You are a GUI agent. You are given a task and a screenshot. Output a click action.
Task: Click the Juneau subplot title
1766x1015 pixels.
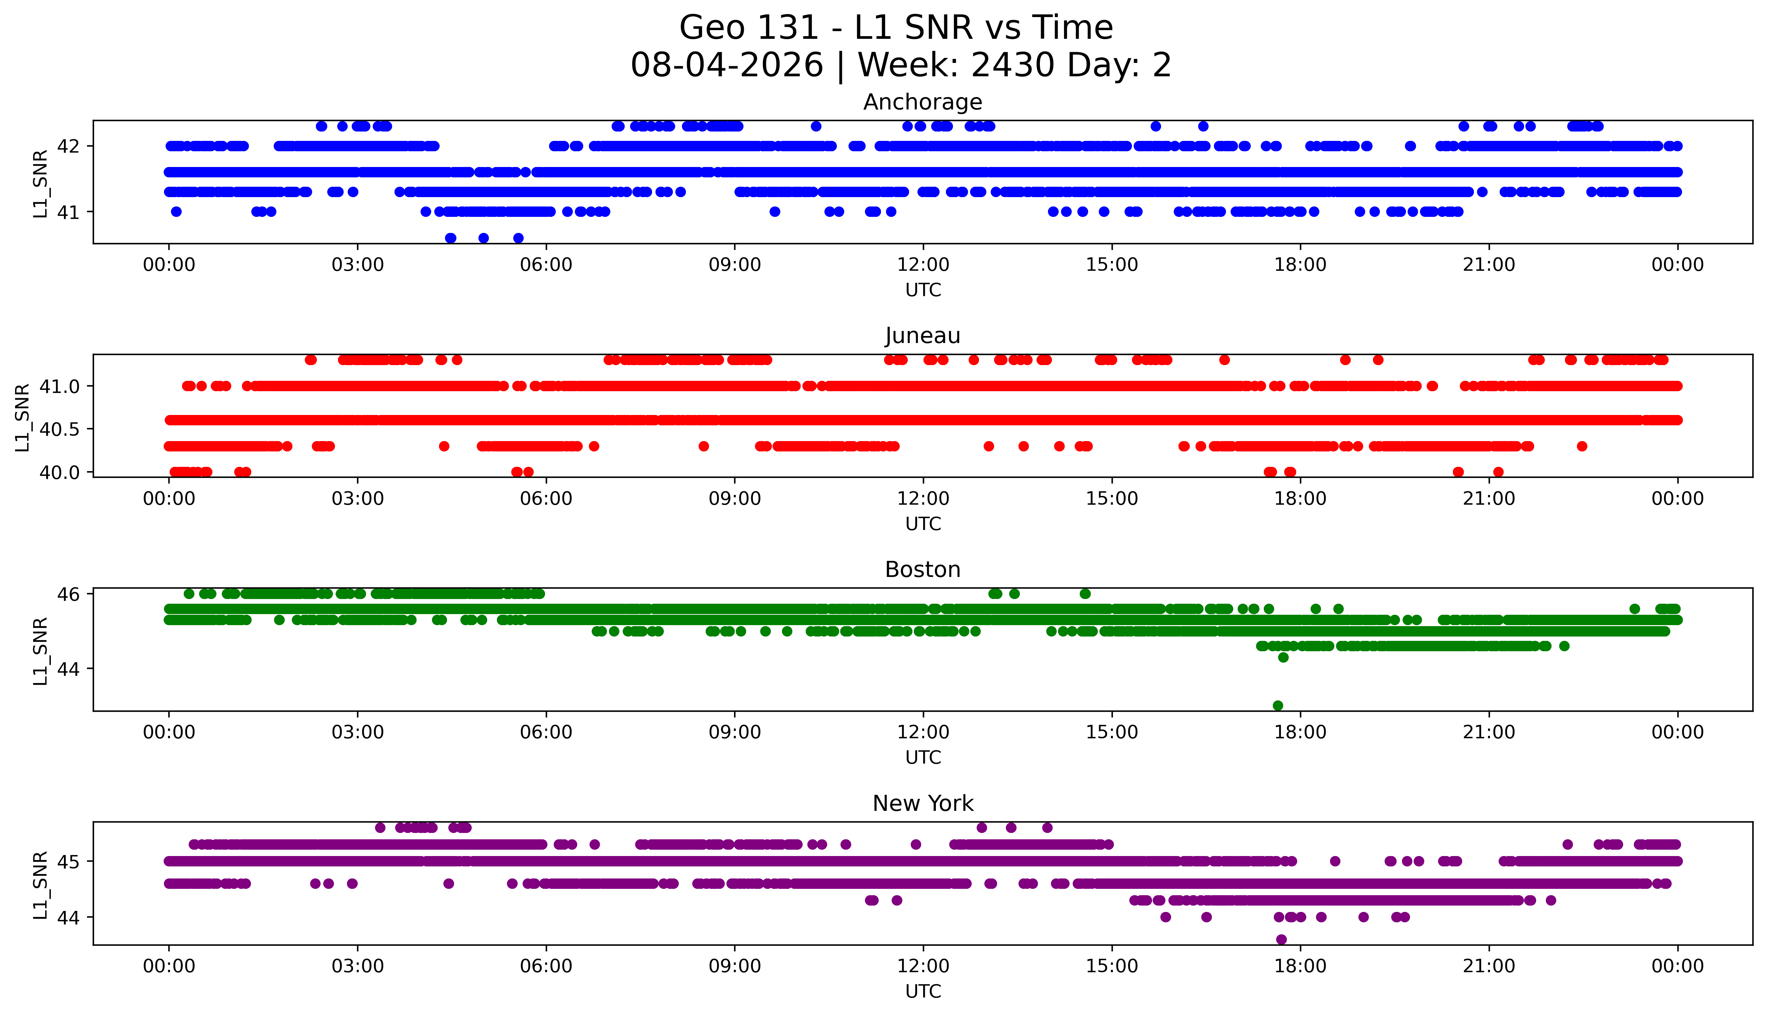click(x=923, y=336)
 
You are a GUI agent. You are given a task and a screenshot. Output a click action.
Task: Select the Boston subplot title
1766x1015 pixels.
click(x=923, y=570)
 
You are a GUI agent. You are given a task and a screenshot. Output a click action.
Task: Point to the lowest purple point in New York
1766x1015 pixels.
click(x=1281, y=939)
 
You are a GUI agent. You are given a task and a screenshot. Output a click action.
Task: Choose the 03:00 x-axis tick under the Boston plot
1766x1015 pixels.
click(x=358, y=732)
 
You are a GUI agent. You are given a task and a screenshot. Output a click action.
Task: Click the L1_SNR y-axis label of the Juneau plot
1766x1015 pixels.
click(x=22, y=417)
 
